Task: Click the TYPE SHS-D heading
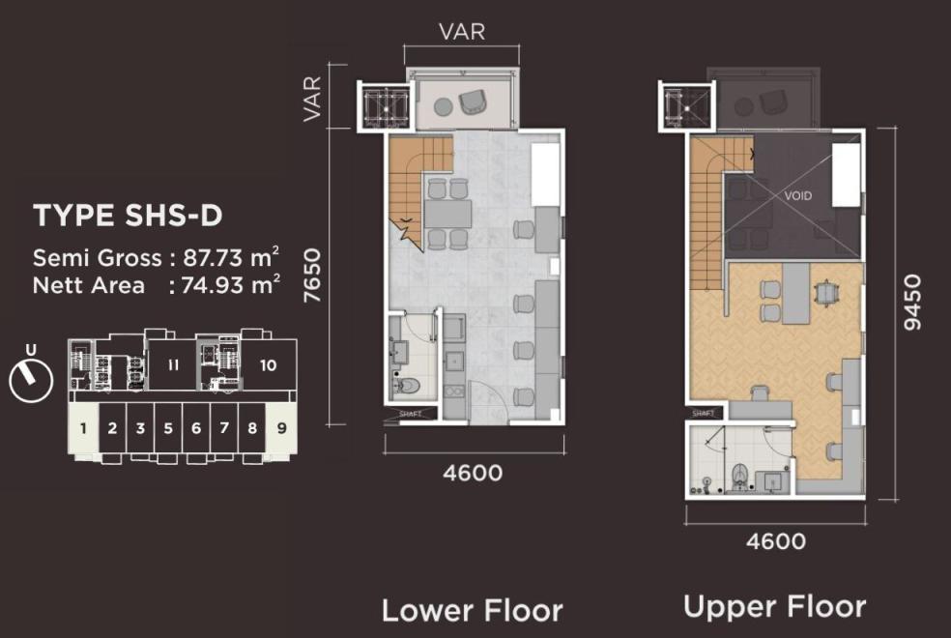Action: tap(128, 216)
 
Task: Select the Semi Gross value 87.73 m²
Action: tap(231, 258)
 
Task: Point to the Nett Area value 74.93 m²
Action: tap(231, 285)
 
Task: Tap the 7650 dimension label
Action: tap(312, 275)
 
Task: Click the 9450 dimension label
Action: tap(912, 302)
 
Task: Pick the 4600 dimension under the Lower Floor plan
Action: tap(473, 473)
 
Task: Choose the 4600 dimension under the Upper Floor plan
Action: tap(776, 541)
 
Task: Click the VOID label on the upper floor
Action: tap(797, 196)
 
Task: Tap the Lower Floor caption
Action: tap(473, 610)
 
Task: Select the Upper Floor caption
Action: tap(774, 607)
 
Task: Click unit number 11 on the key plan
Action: tap(173, 365)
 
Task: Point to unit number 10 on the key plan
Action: tap(268, 365)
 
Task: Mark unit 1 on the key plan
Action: tap(83, 428)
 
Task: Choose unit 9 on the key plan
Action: tap(281, 428)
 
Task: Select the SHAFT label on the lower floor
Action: tap(411, 414)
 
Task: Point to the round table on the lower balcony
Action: tap(444, 107)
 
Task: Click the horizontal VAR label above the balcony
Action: tap(462, 32)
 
